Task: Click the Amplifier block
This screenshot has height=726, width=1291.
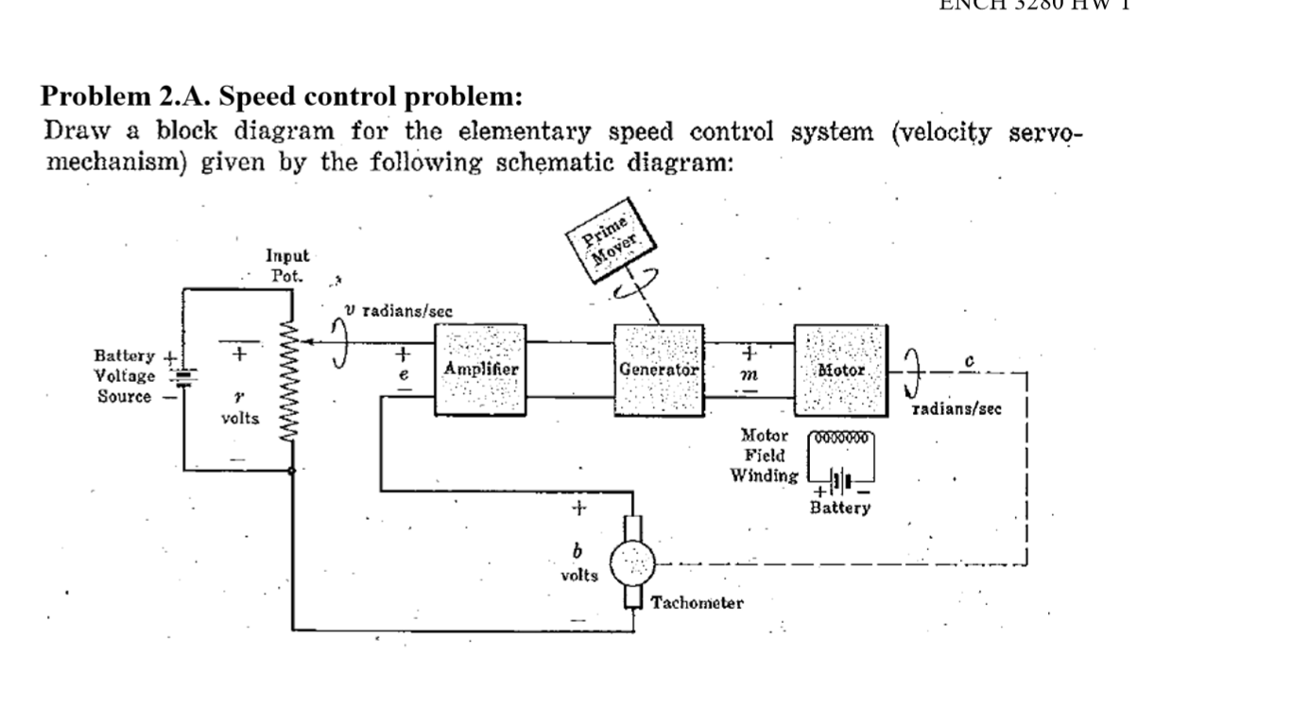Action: point(479,370)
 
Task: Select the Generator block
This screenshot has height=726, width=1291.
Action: point(659,370)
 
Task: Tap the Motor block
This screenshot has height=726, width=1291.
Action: point(840,370)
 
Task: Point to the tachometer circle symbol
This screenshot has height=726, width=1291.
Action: point(632,565)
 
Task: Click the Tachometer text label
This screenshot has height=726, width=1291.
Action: point(697,603)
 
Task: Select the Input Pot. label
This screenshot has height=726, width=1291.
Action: point(286,265)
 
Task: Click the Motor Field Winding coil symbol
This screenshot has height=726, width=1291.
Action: point(840,440)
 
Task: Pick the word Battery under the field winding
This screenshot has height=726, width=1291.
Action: point(840,508)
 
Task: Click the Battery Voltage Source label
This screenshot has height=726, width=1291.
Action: point(125,376)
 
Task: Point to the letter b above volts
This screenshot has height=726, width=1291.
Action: point(577,551)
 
